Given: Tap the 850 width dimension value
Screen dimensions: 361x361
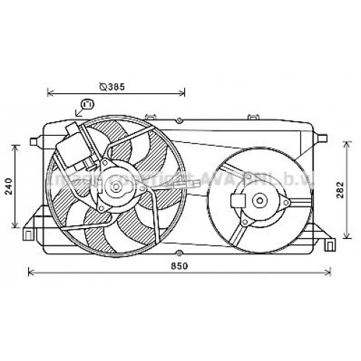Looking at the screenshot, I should point(180,267).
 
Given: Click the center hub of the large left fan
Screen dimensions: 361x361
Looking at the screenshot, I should point(113,188).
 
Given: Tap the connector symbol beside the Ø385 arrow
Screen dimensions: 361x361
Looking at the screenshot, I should point(87,105).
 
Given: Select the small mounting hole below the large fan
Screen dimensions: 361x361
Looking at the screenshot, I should point(178,252).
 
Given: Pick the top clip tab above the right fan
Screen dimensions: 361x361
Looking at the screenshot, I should point(253,116).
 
